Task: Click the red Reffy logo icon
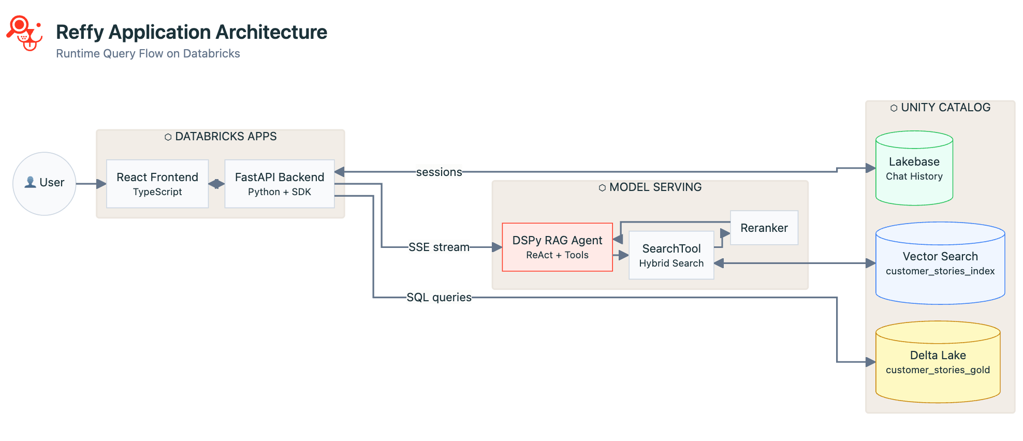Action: click(24, 33)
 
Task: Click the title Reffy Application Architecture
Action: click(191, 32)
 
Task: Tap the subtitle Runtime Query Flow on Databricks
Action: click(148, 54)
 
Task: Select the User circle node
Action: click(45, 183)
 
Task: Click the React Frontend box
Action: click(157, 184)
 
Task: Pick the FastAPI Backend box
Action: click(279, 184)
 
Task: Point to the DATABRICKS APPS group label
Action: click(221, 137)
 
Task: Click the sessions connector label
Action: click(439, 172)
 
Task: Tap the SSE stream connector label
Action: click(439, 247)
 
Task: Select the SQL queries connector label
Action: click(439, 298)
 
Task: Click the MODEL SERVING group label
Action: click(650, 187)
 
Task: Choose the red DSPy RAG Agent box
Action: click(557, 247)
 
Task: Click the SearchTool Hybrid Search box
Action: click(671, 255)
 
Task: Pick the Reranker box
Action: click(764, 228)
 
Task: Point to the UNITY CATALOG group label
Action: click(940, 108)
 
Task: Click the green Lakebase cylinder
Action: click(914, 169)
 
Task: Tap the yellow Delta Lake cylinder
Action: click(938, 362)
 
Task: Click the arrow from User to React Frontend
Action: click(91, 184)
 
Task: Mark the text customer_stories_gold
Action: click(938, 370)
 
